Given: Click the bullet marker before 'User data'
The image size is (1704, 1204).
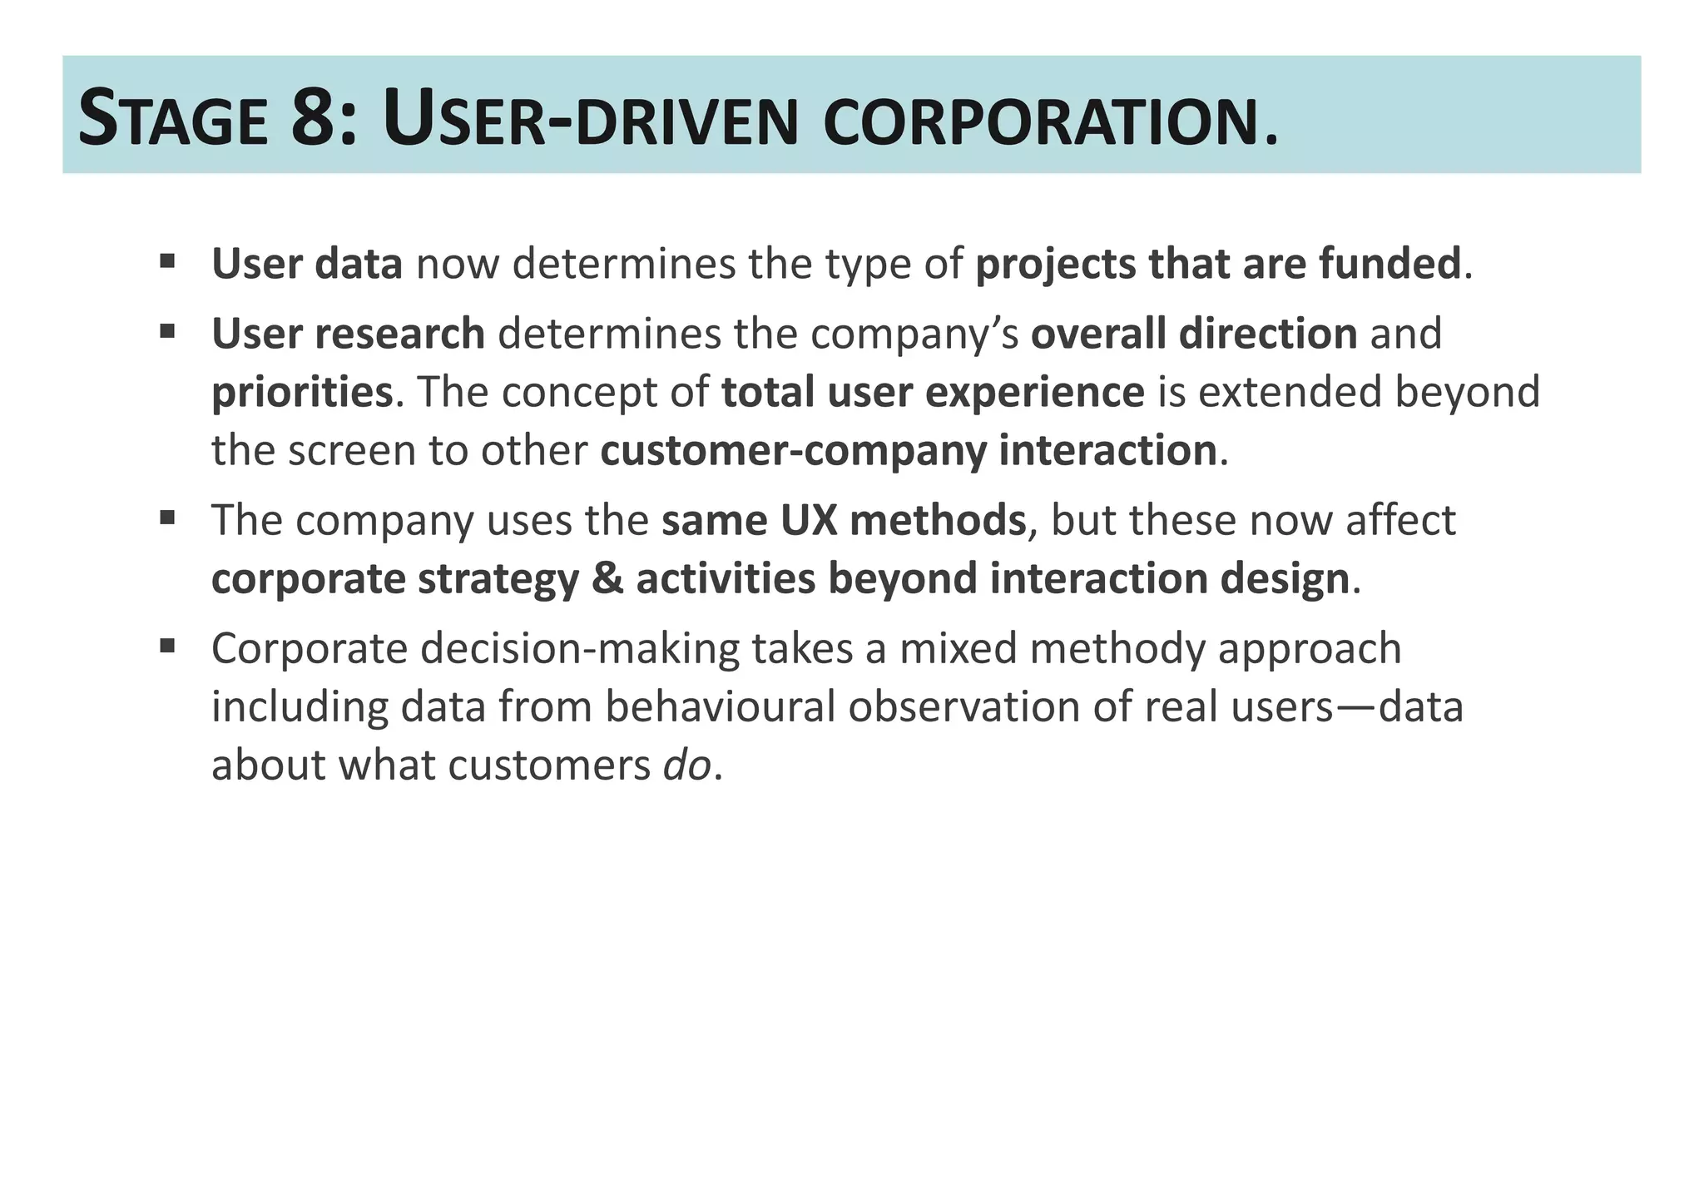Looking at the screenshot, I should [x=167, y=261].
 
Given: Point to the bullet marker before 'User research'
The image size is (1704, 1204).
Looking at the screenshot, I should [x=167, y=332].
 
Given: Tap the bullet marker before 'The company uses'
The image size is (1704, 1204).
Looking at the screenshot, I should [x=167, y=518].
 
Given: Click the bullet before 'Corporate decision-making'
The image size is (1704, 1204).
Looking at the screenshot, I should [x=167, y=646].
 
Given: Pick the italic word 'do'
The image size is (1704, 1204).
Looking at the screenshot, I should [x=687, y=765].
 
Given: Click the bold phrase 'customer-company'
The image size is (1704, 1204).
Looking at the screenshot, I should [x=793, y=451].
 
